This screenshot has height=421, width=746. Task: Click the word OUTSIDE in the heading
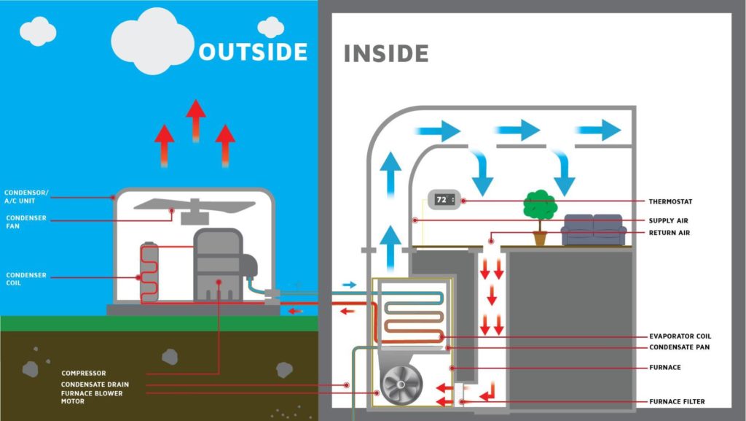pos(253,52)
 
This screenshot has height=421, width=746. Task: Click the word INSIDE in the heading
pos(386,53)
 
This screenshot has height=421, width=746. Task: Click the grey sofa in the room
pos(594,230)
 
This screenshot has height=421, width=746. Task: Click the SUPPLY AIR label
pos(668,220)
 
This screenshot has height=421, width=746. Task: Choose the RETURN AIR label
pos(669,233)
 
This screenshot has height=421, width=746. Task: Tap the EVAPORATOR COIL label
pos(680,336)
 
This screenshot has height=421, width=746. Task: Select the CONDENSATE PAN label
pos(679,347)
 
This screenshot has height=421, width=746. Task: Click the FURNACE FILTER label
pos(677,401)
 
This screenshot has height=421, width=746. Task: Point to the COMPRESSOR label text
pos(84,374)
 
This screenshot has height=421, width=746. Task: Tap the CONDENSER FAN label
pos(27,220)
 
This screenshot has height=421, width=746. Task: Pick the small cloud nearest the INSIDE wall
pos(271,27)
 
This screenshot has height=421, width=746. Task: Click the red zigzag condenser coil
pos(150,272)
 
